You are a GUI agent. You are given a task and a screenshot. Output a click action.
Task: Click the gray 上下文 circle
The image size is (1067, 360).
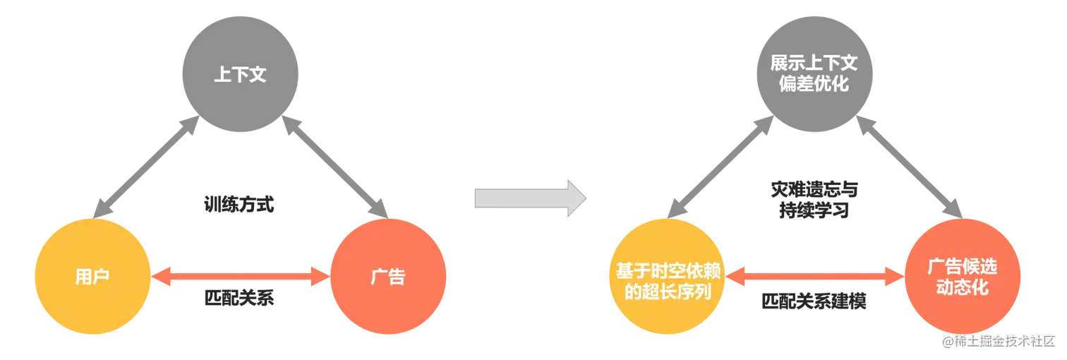click(241, 74)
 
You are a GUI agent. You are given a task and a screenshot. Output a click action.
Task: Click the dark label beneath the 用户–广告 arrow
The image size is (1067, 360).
click(239, 300)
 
